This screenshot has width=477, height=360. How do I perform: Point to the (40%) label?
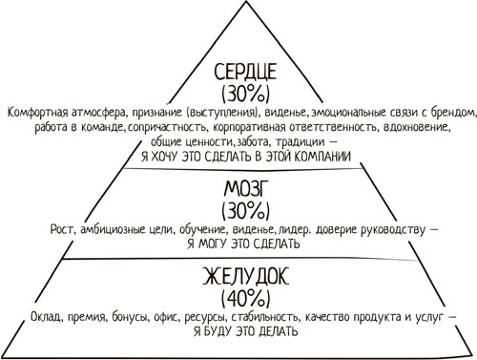(x=238, y=297)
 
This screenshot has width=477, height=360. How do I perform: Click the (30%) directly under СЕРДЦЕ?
(x=238, y=95)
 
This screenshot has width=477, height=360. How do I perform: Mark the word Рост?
(x=61, y=229)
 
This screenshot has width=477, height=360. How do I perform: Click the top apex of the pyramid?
(x=238, y=4)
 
